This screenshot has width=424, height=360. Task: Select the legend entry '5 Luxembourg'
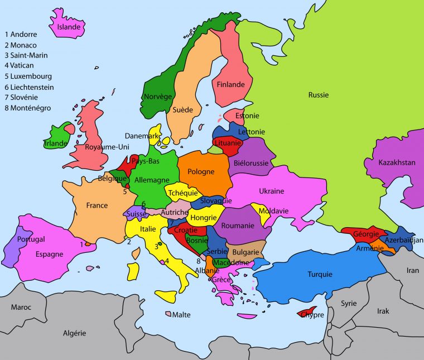pyautogui.click(x=28, y=76)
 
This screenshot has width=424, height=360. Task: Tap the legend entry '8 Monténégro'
pyautogui.click(x=27, y=108)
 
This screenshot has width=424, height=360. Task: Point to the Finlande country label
pyautogui.click(x=230, y=85)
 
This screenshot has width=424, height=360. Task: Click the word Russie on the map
pyautogui.click(x=319, y=95)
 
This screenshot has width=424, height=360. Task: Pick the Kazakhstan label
pyautogui.click(x=397, y=163)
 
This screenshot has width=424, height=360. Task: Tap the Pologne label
pyautogui.click(x=200, y=171)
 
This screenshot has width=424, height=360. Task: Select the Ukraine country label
pyautogui.click(x=271, y=191)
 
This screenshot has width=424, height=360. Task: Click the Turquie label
pyautogui.click(x=320, y=274)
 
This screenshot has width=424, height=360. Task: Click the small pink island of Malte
pyautogui.click(x=168, y=314)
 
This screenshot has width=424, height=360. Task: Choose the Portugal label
pyautogui.click(x=31, y=239)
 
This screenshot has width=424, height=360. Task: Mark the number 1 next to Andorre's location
pyautogui.click(x=82, y=244)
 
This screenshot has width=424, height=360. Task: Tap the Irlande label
pyautogui.click(x=56, y=143)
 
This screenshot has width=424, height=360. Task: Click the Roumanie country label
pyautogui.click(x=238, y=225)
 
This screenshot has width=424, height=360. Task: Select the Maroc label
pyautogui.click(x=21, y=307)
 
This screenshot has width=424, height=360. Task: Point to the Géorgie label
pyautogui.click(x=366, y=234)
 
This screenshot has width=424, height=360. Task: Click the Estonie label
pyautogui.click(x=248, y=116)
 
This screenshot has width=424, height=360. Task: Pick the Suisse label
pyautogui.click(x=137, y=214)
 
